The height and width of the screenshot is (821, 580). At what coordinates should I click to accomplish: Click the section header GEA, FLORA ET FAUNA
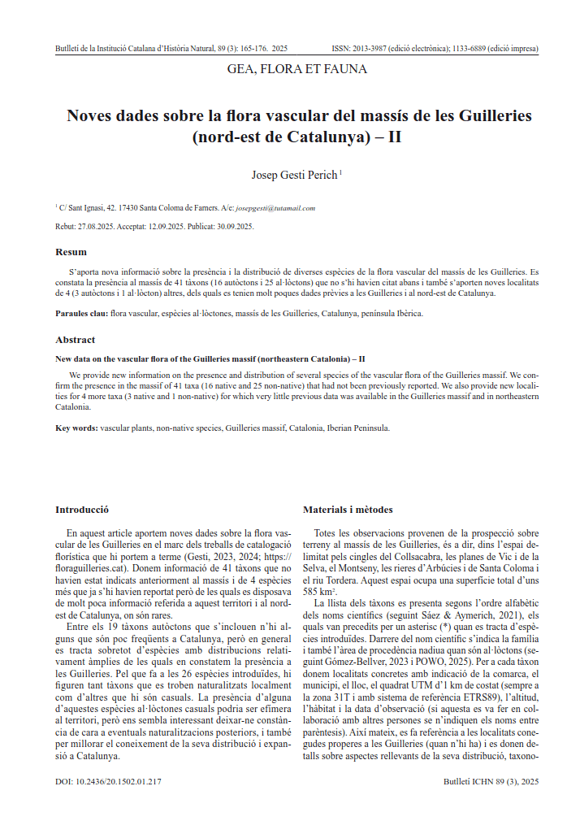[297, 69]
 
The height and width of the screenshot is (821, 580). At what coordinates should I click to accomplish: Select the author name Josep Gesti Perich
[295, 173]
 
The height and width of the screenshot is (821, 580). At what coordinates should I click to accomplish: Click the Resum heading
[71, 252]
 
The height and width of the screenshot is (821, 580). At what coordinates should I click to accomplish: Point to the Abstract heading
[75, 340]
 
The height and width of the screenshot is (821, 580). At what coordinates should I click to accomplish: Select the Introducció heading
[82, 510]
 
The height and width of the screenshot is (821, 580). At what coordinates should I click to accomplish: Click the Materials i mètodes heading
[348, 510]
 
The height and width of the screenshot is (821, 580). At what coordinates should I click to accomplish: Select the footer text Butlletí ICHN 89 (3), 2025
[491, 782]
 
